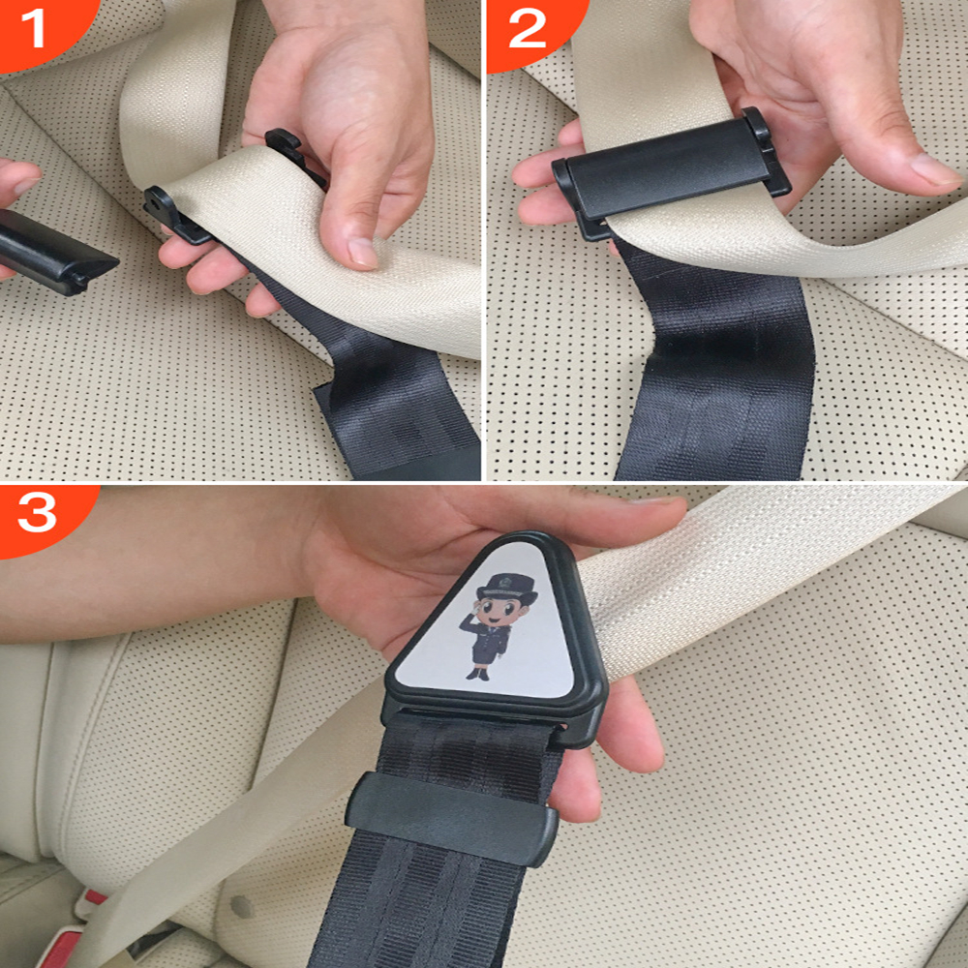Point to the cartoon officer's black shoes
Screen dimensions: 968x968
point(480,673)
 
